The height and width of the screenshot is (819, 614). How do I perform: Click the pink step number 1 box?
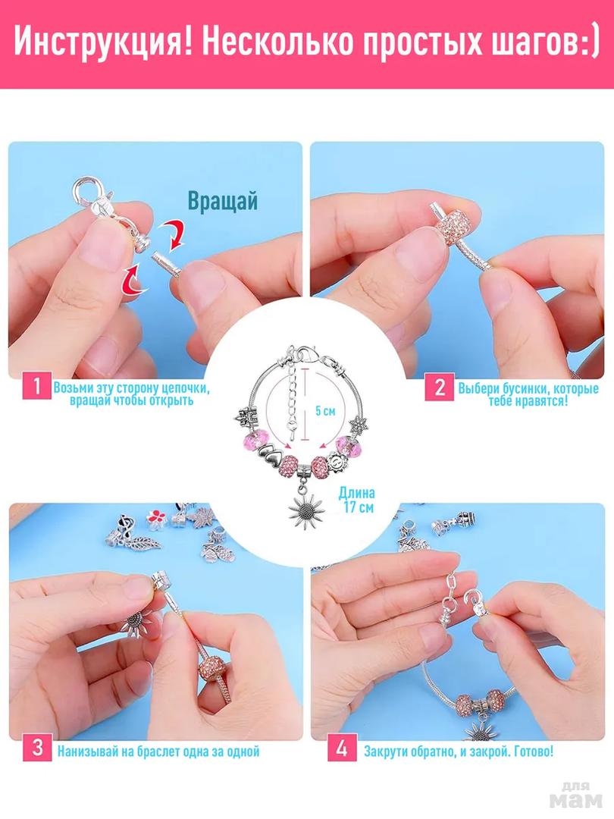tap(36, 387)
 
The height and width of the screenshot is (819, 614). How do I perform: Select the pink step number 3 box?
tap(37, 747)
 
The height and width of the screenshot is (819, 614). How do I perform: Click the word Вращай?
tap(223, 201)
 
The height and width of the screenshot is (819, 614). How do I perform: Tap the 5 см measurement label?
tap(325, 410)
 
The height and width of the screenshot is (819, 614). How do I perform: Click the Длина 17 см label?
tap(357, 500)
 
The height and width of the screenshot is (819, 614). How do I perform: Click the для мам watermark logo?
tap(577, 795)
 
